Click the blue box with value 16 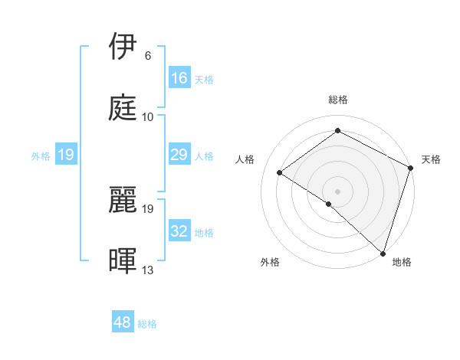click(x=179, y=78)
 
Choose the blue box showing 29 click(x=179, y=155)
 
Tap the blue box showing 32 click(x=179, y=231)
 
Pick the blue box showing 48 click(x=123, y=323)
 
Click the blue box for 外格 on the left click(x=66, y=155)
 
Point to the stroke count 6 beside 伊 click(x=148, y=56)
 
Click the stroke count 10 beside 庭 click(x=148, y=117)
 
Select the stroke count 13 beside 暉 click(x=148, y=270)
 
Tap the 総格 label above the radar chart click(x=337, y=100)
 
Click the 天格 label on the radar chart click(x=431, y=159)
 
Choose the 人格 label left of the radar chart click(x=245, y=159)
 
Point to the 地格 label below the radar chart click(x=402, y=262)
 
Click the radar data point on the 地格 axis click(x=383, y=253)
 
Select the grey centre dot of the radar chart click(x=337, y=191)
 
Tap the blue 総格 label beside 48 click(x=147, y=324)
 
